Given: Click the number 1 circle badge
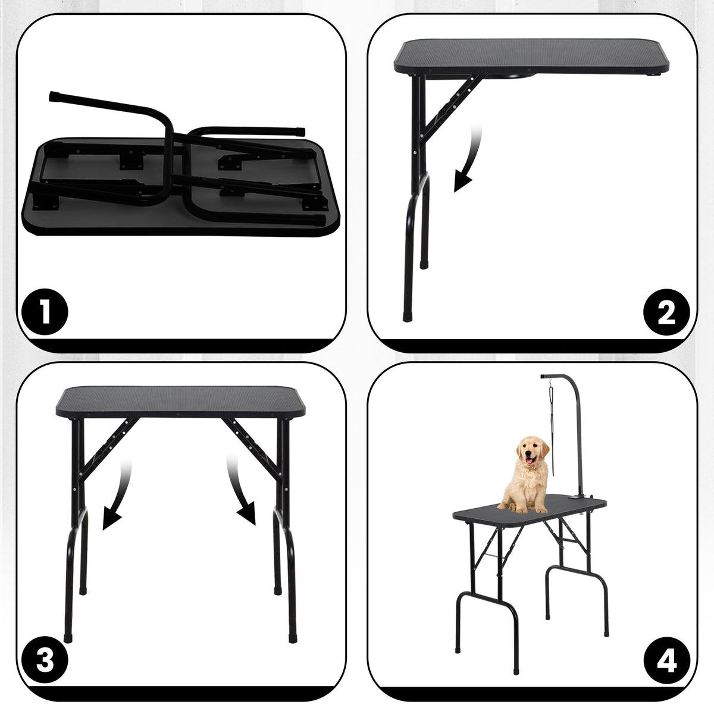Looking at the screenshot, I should click(x=45, y=312).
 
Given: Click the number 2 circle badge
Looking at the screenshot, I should click(x=667, y=312).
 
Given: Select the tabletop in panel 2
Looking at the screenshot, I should click(x=530, y=57).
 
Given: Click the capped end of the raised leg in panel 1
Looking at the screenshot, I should click(x=54, y=95).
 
